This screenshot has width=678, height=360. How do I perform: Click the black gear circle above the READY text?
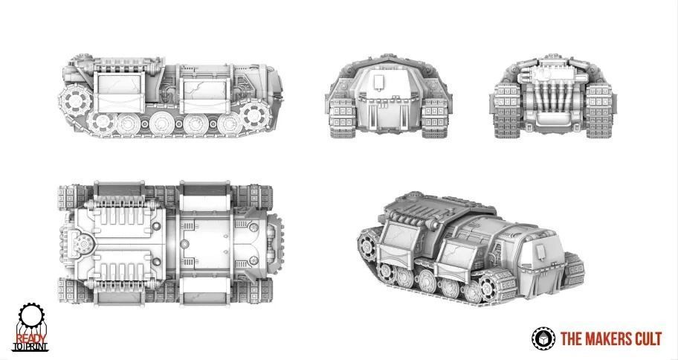tap(30, 317)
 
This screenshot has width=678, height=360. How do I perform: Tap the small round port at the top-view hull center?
tap(183, 244)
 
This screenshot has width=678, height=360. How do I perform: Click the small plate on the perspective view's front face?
tap(537, 254)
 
